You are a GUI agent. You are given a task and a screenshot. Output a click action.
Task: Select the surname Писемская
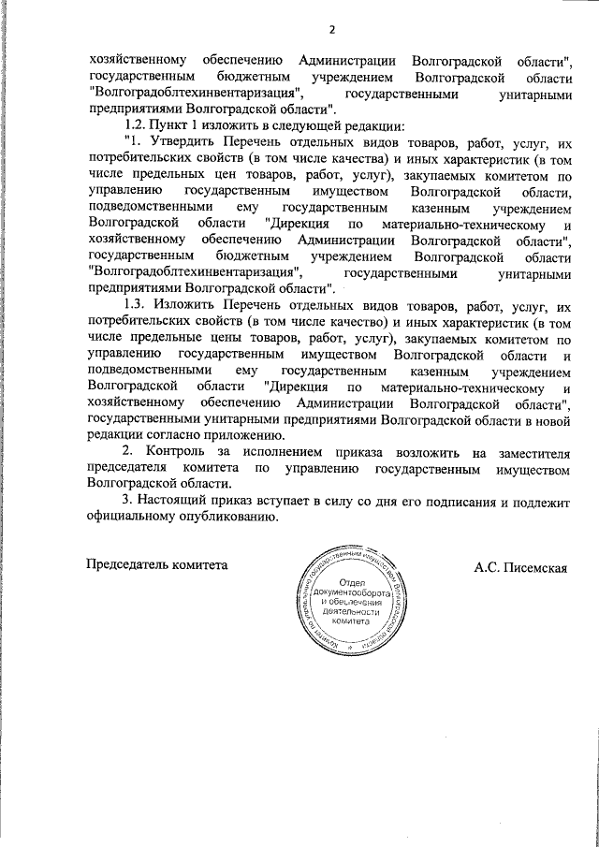[x=535, y=566]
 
